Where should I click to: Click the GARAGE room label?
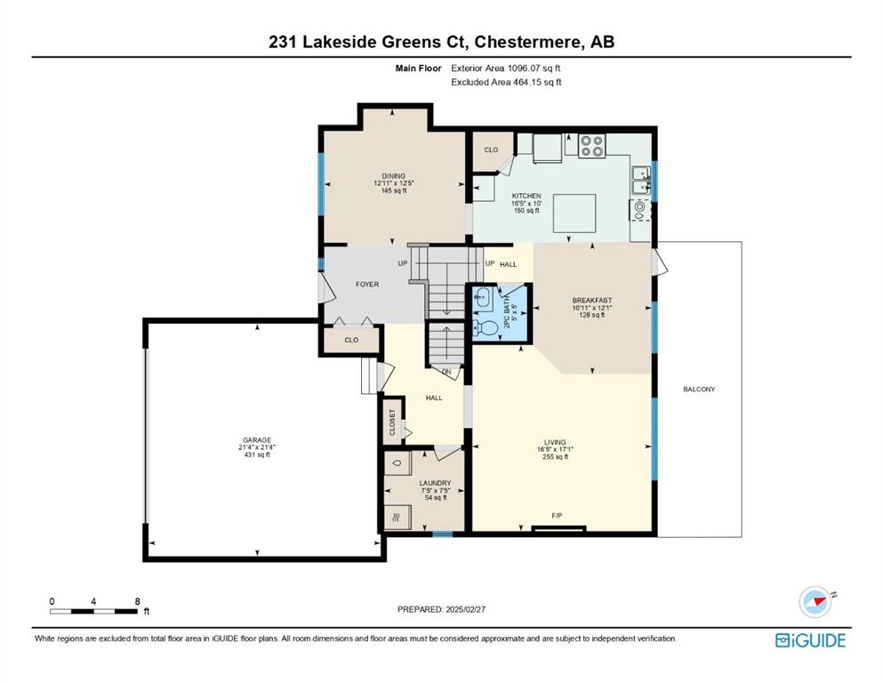pyautogui.click(x=257, y=440)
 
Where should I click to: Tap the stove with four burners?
pyautogui.click(x=592, y=145)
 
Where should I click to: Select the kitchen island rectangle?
pyautogui.click(x=574, y=213)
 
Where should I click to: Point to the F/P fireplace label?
pyautogui.click(x=557, y=516)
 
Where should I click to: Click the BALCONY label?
pyautogui.click(x=699, y=390)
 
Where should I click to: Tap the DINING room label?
pyautogui.click(x=394, y=176)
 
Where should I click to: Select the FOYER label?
pyautogui.click(x=367, y=285)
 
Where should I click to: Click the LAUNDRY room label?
pyautogui.click(x=436, y=483)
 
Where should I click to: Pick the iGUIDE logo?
pyautogui.click(x=810, y=641)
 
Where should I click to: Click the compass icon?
pyautogui.click(x=816, y=602)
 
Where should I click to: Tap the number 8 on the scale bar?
pyautogui.click(x=138, y=601)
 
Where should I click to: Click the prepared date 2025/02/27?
pyautogui.click(x=465, y=609)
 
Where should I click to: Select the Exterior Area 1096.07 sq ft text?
pyautogui.click(x=506, y=68)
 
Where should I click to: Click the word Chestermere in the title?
pyautogui.click(x=528, y=42)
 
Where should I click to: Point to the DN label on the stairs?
pyautogui.click(x=446, y=373)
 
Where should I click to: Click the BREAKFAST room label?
pyautogui.click(x=592, y=301)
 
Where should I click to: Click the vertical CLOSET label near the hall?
pyautogui.click(x=392, y=422)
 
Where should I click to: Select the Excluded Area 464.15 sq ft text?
pyautogui.click(x=506, y=82)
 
